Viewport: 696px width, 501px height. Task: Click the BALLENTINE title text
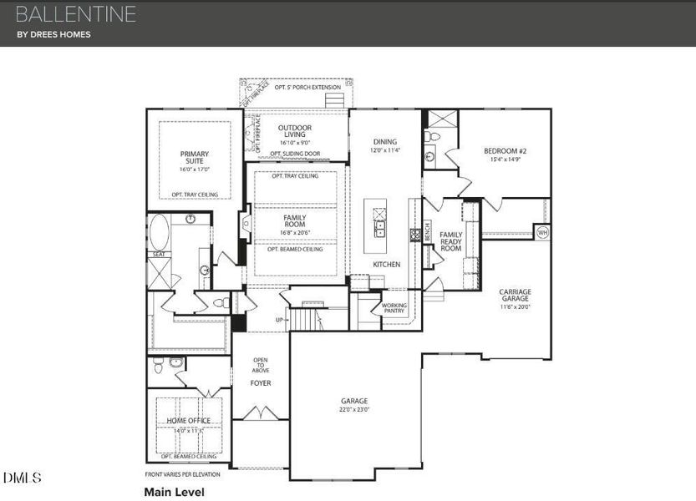pos(75,13)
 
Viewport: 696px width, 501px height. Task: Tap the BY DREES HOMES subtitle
pos(53,34)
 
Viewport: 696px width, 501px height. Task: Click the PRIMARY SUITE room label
pos(194,158)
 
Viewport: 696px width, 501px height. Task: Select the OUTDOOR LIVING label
pos(295,132)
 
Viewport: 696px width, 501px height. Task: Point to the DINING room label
pos(385,142)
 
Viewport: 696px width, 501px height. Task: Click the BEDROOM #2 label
pos(505,151)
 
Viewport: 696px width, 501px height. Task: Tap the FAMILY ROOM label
pos(294,222)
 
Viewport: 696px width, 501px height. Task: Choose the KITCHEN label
pos(387,265)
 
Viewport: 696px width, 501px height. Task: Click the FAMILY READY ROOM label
pos(451,241)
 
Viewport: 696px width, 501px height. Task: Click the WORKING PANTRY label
pos(394,308)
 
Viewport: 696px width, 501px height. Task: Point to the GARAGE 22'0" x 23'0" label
pos(354,404)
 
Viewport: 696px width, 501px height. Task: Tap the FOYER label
pos(261,383)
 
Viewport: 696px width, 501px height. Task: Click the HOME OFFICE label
pos(189,420)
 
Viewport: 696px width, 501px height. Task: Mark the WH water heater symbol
pos(542,232)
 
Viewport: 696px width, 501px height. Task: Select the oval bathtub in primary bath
pos(159,232)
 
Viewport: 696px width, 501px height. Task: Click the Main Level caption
pos(174,492)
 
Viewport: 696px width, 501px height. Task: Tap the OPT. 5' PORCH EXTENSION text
pos(308,87)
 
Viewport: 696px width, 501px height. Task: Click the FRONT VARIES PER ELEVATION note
pos(183,474)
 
